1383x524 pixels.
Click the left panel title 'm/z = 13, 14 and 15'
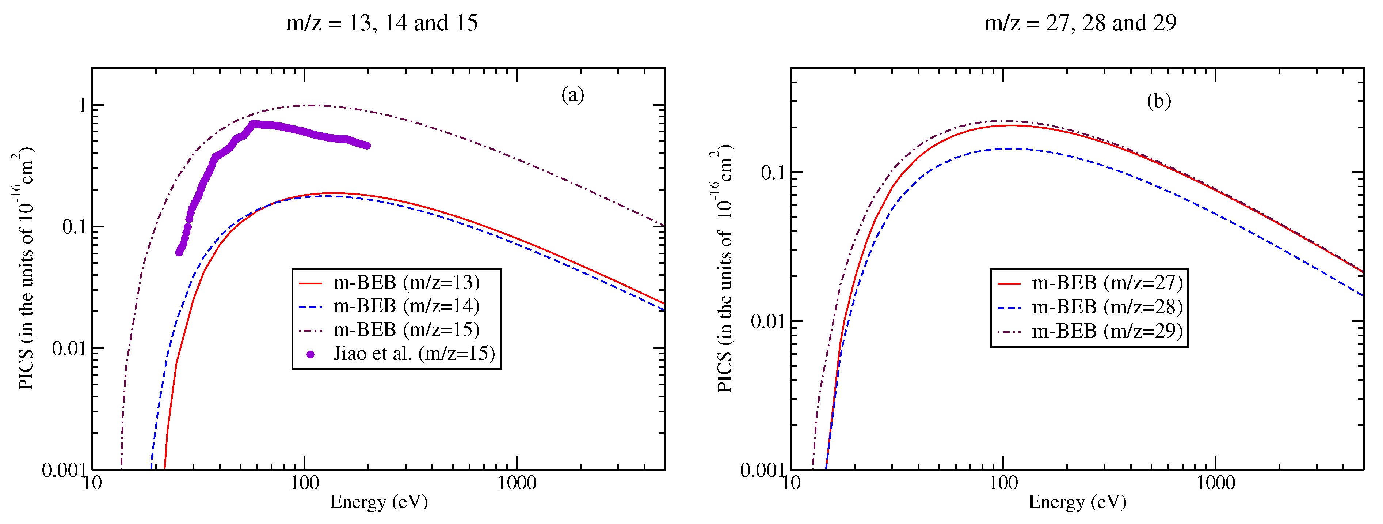382,23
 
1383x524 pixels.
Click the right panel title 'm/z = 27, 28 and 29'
1080,23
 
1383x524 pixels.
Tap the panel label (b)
1159,101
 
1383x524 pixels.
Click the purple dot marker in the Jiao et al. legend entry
310,354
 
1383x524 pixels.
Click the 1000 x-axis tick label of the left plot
517,483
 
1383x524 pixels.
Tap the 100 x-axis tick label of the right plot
1003,483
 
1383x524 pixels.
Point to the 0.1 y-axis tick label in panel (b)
774,173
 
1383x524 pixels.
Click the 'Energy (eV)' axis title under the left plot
378,502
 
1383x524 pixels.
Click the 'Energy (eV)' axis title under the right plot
1077,502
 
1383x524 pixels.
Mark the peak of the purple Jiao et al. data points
254,124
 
